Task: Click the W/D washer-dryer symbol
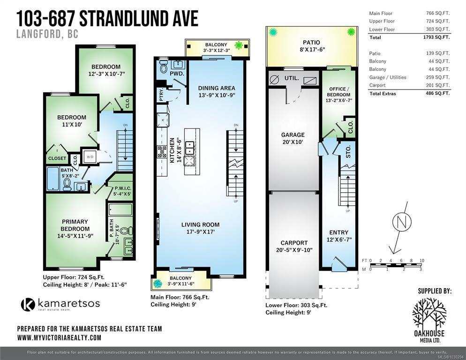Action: (x=90, y=157)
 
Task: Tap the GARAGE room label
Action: (x=293, y=135)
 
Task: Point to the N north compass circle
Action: (x=402, y=221)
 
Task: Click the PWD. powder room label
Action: (x=177, y=73)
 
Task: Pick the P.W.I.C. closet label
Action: (x=123, y=188)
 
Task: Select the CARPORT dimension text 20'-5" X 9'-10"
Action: (x=294, y=250)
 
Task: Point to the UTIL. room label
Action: (x=292, y=78)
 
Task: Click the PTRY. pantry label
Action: (x=161, y=95)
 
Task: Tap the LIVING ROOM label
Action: (x=200, y=225)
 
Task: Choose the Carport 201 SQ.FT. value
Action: (x=438, y=85)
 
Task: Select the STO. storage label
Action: (x=348, y=151)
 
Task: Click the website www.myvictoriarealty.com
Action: (x=59, y=337)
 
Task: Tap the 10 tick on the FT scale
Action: (x=422, y=261)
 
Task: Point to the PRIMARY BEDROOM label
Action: (x=75, y=225)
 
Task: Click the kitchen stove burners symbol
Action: (x=162, y=151)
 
